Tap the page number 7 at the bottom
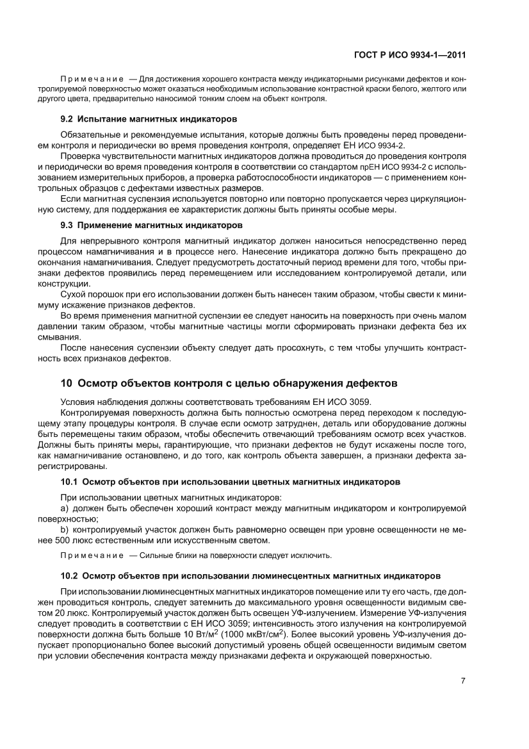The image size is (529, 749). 463,680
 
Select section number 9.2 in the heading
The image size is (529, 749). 67,120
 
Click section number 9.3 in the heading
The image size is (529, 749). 67,225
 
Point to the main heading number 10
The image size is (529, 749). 66,383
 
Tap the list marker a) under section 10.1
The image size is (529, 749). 64,508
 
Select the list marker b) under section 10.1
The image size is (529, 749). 64,530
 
